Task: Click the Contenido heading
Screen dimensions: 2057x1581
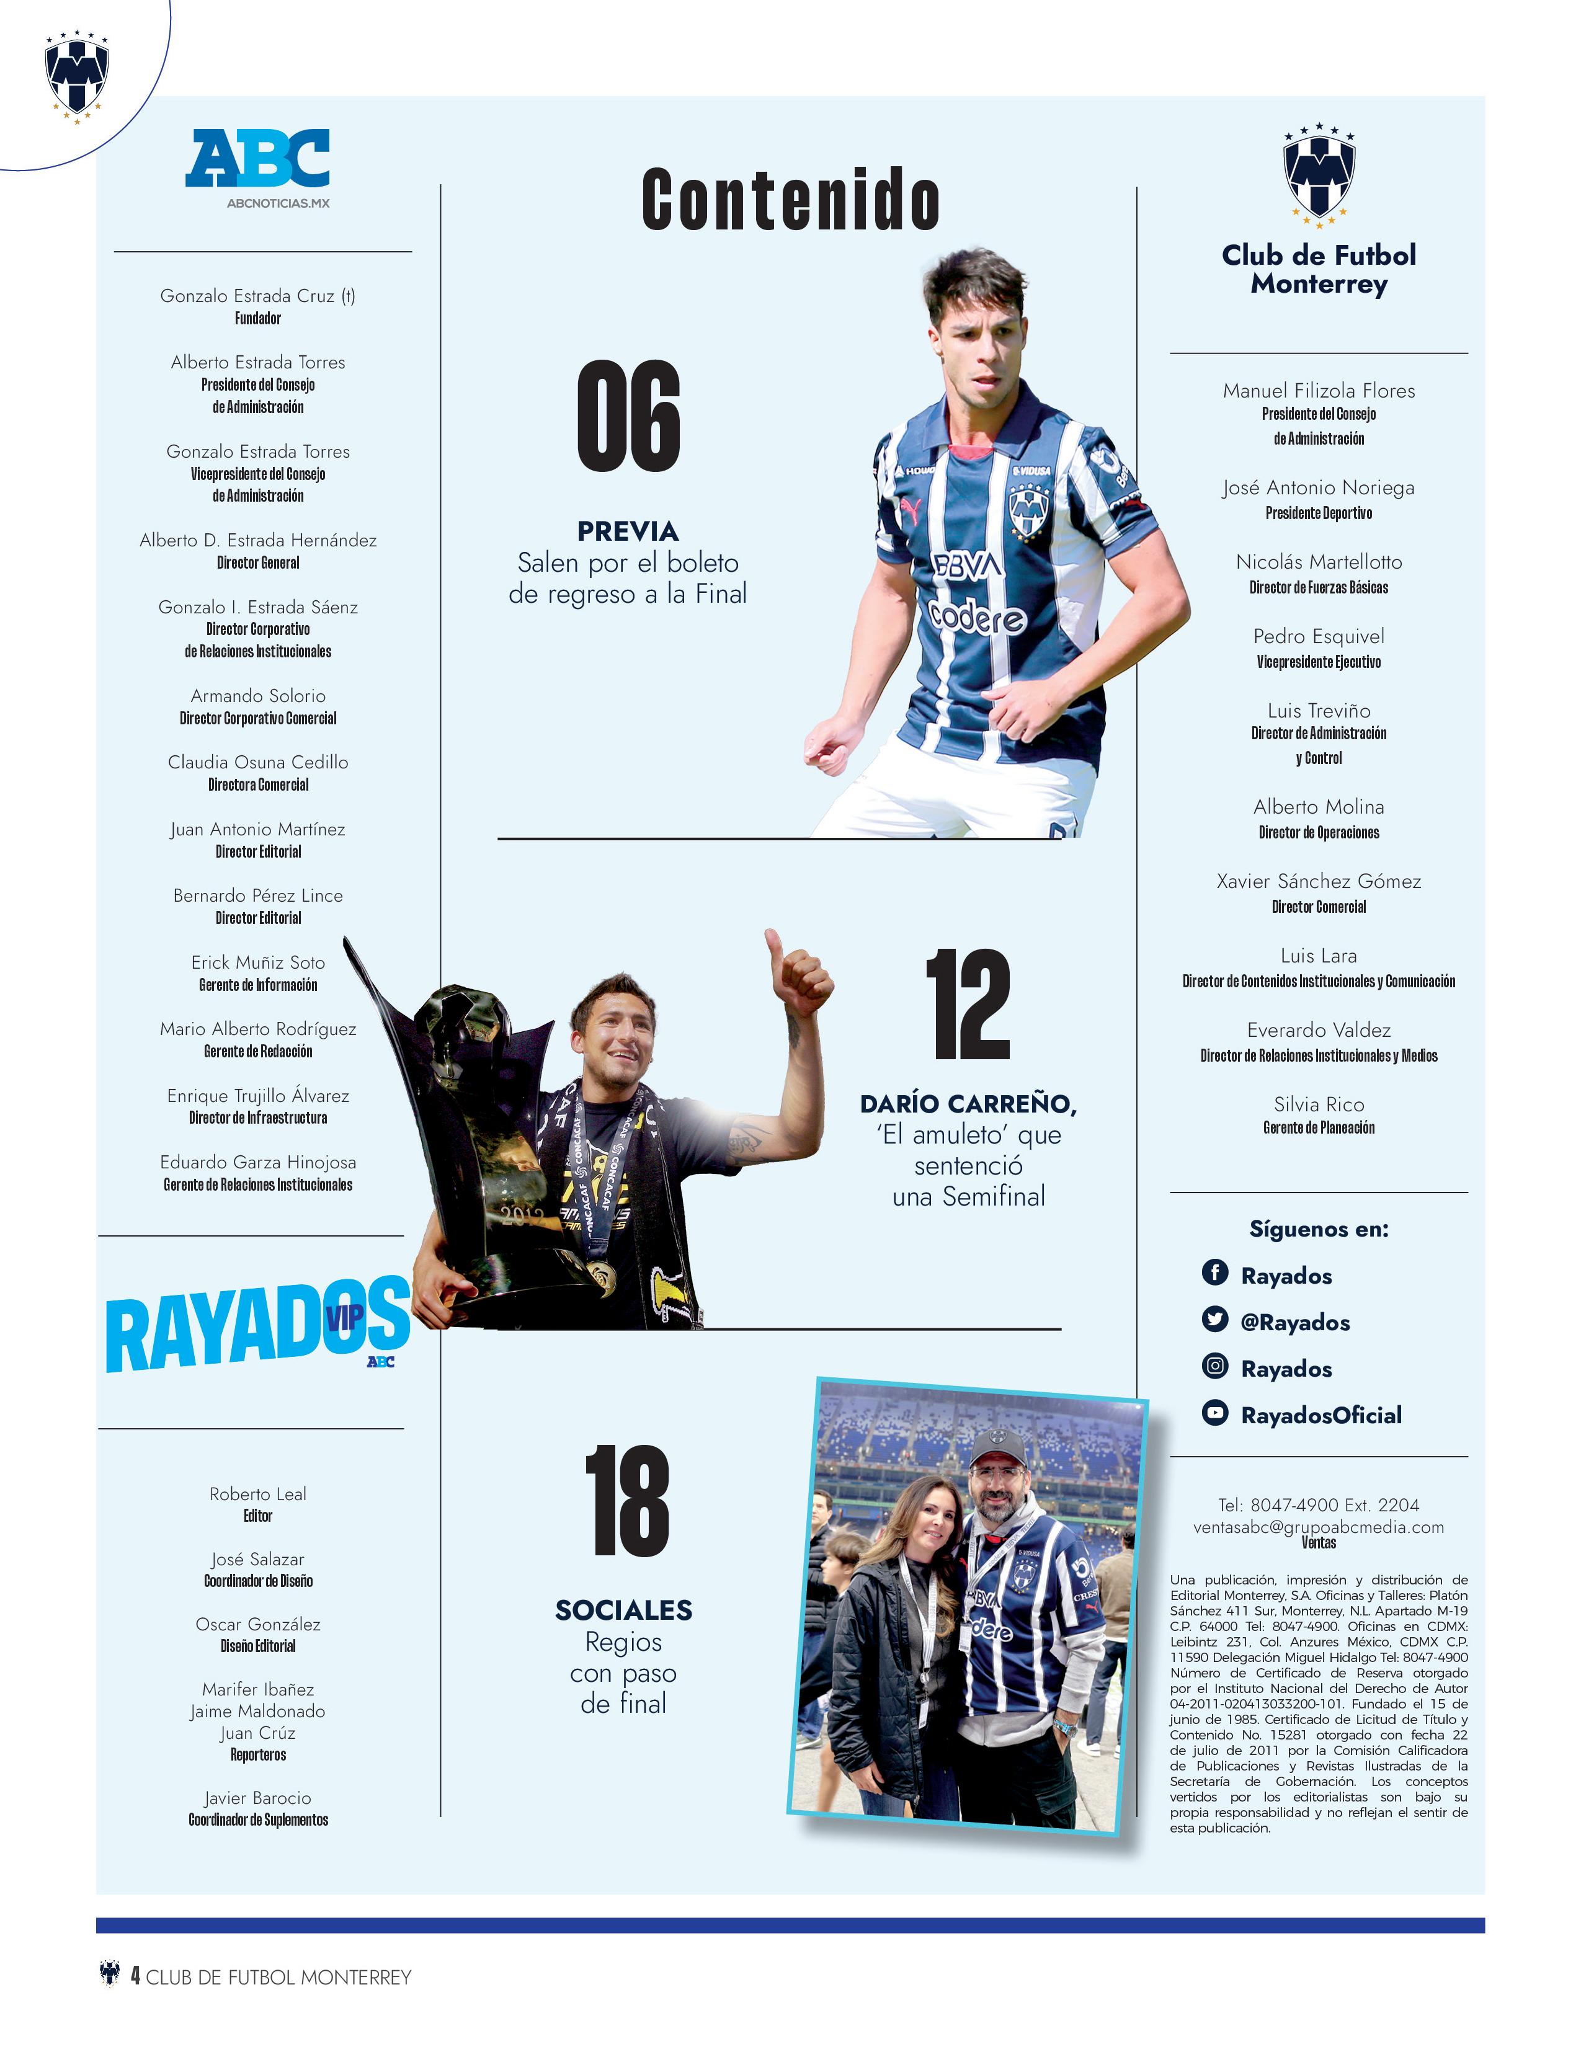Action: pyautogui.click(x=790, y=200)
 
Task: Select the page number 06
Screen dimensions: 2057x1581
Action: pyautogui.click(x=628, y=416)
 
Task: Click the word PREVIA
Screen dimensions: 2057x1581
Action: pyautogui.click(x=628, y=531)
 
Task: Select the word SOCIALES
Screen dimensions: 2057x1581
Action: pyautogui.click(x=623, y=1610)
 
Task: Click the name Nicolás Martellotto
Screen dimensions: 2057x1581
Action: pyautogui.click(x=1319, y=562)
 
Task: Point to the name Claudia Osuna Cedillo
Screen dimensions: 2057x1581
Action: pyautogui.click(x=258, y=762)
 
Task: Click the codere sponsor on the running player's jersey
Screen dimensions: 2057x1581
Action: pyautogui.click(x=977, y=616)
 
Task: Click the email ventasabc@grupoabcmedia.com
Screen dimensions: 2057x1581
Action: pyautogui.click(x=1319, y=1526)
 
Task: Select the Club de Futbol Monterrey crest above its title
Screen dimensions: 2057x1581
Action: pyautogui.click(x=1319, y=174)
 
